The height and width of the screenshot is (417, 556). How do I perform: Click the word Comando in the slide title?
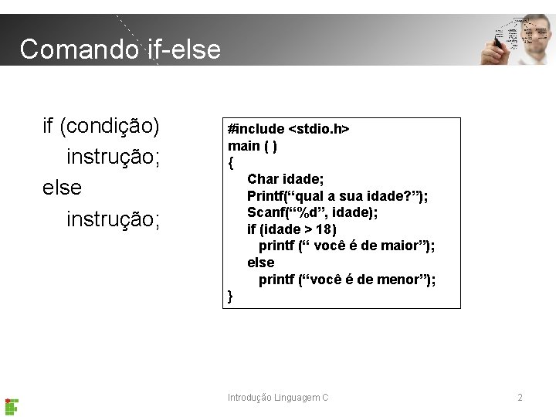tap(79, 49)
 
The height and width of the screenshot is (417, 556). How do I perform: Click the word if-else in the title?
tap(183, 49)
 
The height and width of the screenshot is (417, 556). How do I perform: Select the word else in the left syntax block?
tap(62, 188)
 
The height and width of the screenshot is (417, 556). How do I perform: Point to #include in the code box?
tap(256, 128)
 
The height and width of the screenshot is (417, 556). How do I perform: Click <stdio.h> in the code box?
tap(319, 128)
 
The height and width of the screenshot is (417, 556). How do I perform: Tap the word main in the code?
tap(243, 145)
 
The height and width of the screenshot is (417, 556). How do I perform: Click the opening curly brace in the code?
tap(230, 162)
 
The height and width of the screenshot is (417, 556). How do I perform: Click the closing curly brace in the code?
tap(230, 296)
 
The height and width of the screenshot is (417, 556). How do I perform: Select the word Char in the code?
tap(263, 179)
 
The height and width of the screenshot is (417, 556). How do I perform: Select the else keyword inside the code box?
tap(260, 263)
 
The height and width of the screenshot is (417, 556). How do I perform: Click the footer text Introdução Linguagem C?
tap(278, 398)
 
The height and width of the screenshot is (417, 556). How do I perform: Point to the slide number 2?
tap(520, 398)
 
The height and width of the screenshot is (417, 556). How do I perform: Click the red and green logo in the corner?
tap(12, 405)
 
